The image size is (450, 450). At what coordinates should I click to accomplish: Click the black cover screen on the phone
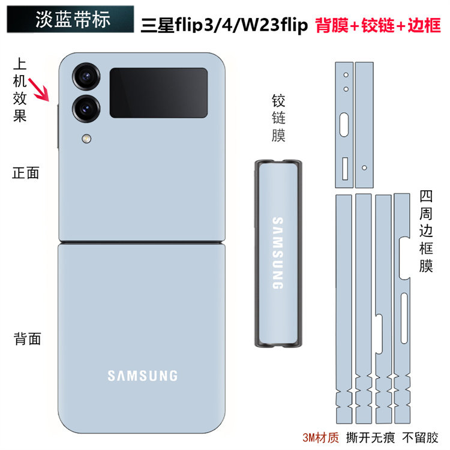[x=158, y=92]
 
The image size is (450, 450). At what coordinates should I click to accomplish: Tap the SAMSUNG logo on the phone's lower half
[x=143, y=376]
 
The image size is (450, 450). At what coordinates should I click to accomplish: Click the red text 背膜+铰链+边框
[x=378, y=26]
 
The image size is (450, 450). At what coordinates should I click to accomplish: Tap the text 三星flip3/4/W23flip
[x=224, y=26]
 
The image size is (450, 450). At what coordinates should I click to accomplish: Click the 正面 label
[x=26, y=173]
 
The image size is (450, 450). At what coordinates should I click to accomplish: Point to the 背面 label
[x=28, y=338]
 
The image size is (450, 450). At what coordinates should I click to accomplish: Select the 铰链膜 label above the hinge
[x=278, y=118]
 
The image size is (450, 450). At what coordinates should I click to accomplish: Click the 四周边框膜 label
[x=426, y=231]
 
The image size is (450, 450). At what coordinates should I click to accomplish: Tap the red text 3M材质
[x=322, y=435]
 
